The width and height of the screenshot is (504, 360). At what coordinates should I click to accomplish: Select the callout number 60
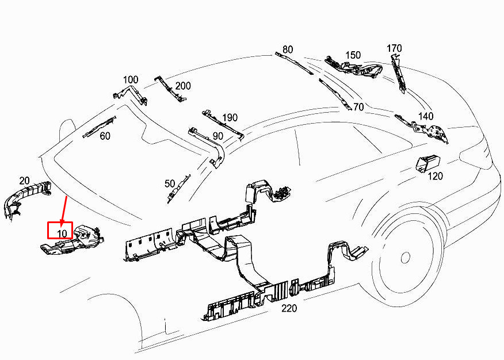pos(105,136)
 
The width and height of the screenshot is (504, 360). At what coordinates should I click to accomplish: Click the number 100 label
pos(131,79)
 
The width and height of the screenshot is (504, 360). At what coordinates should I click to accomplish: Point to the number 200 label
pos(183,86)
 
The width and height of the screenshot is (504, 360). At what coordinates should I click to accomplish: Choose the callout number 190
pos(230,118)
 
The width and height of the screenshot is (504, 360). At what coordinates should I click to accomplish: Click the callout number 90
pos(218,136)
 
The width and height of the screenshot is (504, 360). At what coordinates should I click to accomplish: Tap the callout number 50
pos(170,183)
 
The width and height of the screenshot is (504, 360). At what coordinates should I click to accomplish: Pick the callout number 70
pos(358,107)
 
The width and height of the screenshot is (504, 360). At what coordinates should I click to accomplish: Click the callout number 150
pos(353,55)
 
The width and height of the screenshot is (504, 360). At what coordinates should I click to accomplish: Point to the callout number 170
pos(394,48)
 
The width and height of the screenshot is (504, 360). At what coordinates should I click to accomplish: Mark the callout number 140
pos(426,116)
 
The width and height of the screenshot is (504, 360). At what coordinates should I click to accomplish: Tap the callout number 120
pos(436,177)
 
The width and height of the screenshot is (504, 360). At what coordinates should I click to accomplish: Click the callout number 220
pos(289,308)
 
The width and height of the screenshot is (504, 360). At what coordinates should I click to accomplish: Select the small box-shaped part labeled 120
pos(428,163)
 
